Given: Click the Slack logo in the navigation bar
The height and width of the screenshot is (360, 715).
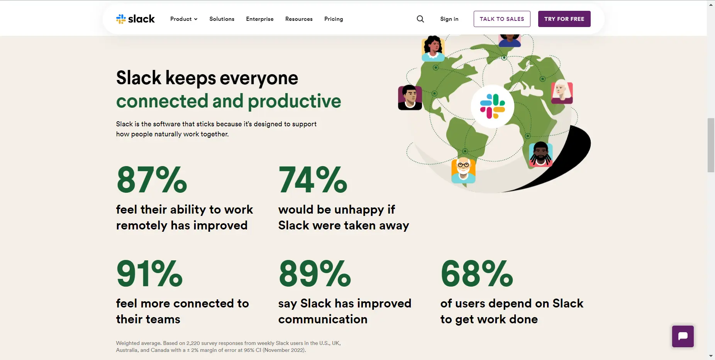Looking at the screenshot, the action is coord(135,19).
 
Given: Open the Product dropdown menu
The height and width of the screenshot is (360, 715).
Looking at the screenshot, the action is coord(184,19).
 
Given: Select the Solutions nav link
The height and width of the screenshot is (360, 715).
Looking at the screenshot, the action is coord(222,19).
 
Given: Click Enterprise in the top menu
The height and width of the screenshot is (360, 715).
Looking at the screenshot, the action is coord(259,19).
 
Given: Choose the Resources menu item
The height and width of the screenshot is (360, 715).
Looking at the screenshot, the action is coord(299,19).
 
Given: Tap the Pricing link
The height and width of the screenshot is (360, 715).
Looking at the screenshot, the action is coord(334,19).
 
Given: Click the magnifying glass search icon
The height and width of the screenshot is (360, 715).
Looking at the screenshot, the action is coord(420,19).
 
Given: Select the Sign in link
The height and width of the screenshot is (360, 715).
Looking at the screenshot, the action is coord(449,19).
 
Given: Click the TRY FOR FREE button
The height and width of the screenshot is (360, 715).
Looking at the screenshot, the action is coord(564,19).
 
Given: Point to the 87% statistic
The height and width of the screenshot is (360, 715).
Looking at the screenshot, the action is coord(152,180).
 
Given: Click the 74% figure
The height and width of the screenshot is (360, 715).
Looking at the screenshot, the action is coord(313,180).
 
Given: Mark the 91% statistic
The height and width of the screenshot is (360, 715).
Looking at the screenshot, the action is coord(149,273).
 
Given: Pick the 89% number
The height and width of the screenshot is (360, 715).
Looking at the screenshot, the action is coord(315,273).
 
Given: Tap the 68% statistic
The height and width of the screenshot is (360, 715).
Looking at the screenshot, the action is coord(477,273).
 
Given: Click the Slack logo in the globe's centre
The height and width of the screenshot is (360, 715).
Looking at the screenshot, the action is coord(492,106).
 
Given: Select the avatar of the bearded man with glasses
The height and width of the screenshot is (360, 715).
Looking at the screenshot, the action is coord(463,170).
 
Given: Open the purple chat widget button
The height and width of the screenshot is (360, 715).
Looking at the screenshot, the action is coord(683,336).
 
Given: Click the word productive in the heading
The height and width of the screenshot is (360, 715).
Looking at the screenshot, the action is coord(295,101).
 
